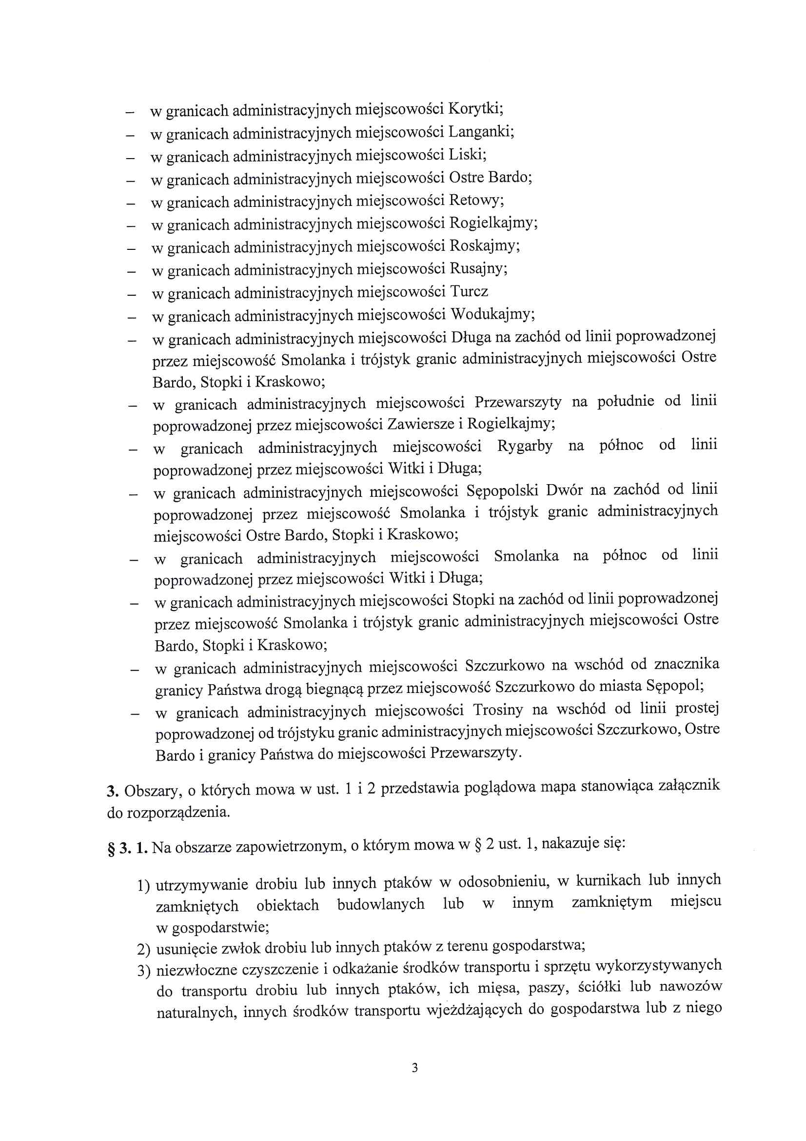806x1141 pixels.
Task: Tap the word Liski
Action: (467, 155)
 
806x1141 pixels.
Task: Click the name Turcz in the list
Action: (469, 291)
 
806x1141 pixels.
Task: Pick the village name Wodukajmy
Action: (491, 315)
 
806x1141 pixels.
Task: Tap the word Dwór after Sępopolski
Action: (564, 490)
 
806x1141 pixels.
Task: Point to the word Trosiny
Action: (498, 710)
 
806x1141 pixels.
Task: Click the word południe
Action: (625, 401)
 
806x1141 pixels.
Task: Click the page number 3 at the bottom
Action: (414, 1068)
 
